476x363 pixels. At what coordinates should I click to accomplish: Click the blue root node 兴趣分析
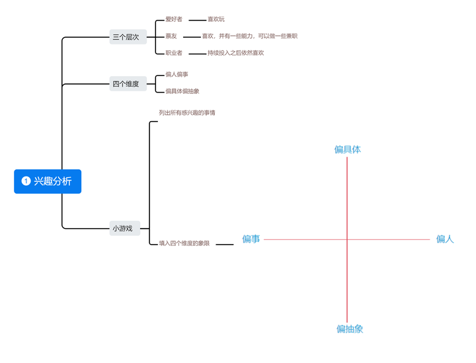click(48, 181)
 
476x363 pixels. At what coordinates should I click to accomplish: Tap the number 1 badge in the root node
click(26, 181)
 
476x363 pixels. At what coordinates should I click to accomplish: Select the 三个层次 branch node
click(126, 37)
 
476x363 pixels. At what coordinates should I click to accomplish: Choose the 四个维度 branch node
click(126, 83)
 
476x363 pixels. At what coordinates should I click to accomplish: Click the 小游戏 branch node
click(122, 229)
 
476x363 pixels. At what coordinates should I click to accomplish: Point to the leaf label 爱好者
click(174, 19)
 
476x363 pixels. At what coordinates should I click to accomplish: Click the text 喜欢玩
click(216, 19)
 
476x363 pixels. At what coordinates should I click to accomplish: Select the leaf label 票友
click(171, 36)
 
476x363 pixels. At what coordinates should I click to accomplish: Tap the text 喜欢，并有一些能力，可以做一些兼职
click(249, 36)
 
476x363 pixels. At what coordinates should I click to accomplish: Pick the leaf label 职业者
click(174, 53)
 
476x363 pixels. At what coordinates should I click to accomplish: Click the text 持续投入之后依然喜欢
click(235, 53)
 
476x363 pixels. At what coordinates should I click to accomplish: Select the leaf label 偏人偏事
click(177, 75)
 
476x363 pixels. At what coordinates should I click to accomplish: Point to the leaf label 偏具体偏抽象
click(182, 91)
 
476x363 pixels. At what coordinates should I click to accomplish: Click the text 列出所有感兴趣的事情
click(187, 113)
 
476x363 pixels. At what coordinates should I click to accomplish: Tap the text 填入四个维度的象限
click(184, 243)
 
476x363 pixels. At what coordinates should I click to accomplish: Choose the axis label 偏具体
click(347, 149)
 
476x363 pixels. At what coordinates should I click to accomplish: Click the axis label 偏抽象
click(349, 329)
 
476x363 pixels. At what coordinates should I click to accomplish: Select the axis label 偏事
click(251, 239)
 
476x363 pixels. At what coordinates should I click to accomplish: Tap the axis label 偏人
click(445, 239)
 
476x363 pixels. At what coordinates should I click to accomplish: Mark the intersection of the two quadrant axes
click(347, 239)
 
